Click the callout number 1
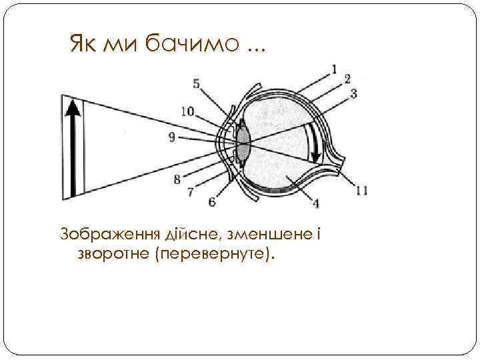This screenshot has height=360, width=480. (x=335, y=69)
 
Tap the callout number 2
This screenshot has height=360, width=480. (x=347, y=79)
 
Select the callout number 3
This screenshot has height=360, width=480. (x=353, y=94)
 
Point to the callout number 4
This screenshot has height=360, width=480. (x=315, y=203)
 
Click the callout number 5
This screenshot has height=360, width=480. (x=195, y=83)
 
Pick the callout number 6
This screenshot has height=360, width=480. (x=212, y=201)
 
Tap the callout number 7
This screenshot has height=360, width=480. (x=191, y=192)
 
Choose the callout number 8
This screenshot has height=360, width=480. (x=177, y=179)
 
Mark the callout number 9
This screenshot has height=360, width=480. (x=172, y=137)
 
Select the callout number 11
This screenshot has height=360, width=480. (x=361, y=191)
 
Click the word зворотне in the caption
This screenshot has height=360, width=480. (x=113, y=254)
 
